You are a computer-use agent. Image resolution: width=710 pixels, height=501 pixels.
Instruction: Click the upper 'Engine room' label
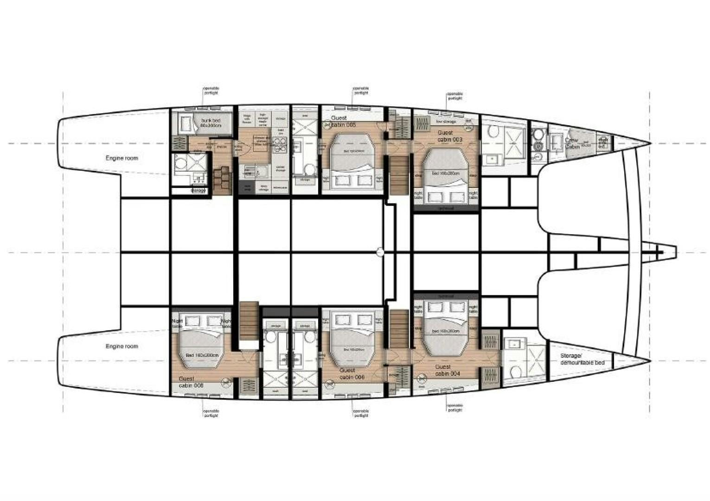click(x=122, y=158)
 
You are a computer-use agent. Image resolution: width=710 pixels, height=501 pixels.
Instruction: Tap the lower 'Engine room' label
click(x=122, y=347)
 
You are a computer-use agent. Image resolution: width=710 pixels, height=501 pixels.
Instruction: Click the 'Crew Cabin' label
click(x=572, y=143)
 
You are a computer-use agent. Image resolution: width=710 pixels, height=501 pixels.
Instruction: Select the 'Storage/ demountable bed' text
click(x=582, y=359)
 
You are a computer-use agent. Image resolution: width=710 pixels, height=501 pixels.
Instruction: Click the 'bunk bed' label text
click(x=211, y=122)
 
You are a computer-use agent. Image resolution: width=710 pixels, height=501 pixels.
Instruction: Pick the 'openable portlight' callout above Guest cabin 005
click(x=361, y=90)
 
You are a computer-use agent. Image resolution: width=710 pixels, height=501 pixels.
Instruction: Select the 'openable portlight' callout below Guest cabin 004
click(x=455, y=408)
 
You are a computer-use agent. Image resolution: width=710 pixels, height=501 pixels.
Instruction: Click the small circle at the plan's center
click(x=380, y=252)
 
